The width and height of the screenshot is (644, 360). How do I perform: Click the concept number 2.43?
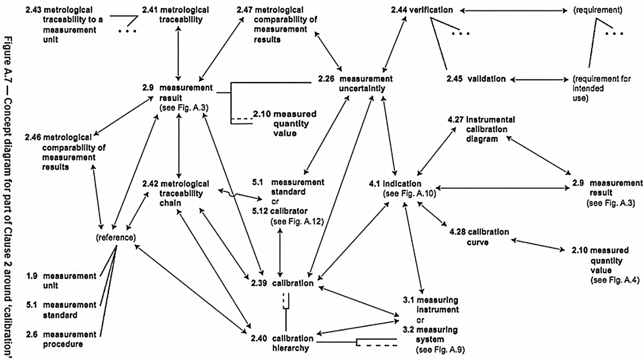coord(33,10)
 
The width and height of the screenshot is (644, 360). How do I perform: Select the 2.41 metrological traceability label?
coord(175,15)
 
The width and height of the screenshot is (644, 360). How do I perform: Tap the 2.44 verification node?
coord(422,10)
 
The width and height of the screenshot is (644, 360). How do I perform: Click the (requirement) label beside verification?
coord(597,10)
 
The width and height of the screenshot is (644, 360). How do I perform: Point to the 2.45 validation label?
coord(476,79)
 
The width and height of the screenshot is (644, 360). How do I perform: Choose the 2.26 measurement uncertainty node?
coord(355,84)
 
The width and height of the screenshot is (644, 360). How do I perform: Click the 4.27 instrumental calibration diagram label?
coord(481,129)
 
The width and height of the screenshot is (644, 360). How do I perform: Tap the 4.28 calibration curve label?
coord(479,237)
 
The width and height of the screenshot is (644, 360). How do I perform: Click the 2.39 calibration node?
coord(282,283)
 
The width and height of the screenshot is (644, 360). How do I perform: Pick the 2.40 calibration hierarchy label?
coord(282,343)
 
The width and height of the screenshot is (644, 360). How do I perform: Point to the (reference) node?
coord(116,237)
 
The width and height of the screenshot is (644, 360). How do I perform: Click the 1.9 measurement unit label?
coord(61,281)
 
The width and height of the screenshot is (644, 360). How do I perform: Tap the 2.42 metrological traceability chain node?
coord(175,193)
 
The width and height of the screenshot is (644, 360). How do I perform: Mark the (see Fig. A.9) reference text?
coord(440,350)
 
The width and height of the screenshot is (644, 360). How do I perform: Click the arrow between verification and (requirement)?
coord(513,11)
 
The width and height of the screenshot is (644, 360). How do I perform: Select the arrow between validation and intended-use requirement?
coord(539,80)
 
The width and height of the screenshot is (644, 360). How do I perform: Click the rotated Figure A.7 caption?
coord(8,196)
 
